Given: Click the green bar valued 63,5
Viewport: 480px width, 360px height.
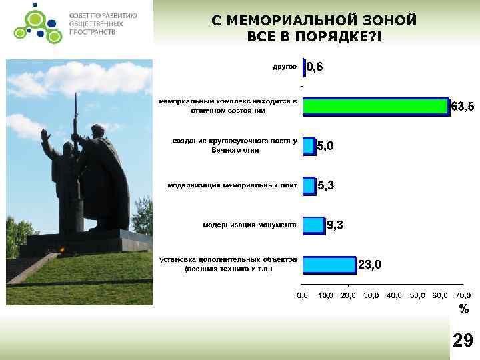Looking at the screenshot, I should (x=376, y=106).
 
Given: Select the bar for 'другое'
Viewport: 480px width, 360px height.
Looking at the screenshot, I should (x=305, y=67).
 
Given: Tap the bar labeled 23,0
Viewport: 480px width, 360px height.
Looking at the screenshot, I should (x=329, y=265).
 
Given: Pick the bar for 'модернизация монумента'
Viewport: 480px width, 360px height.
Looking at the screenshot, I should (x=313, y=225).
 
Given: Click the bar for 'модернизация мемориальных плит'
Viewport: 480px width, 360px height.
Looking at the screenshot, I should (x=309, y=185).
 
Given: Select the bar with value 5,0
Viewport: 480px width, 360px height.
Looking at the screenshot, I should (x=309, y=146).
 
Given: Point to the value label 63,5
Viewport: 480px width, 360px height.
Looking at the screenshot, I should (x=463, y=107).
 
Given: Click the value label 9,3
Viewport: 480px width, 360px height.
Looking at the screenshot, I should (x=335, y=226).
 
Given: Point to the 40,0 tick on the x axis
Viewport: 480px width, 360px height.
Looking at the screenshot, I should (x=394, y=295).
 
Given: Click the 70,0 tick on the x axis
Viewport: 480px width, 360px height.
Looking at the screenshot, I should (x=463, y=295).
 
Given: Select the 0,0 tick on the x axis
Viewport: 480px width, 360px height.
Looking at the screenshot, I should (x=302, y=295).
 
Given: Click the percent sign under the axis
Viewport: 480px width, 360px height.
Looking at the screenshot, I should (x=463, y=309).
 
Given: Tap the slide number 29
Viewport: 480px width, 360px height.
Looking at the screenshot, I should (x=463, y=341).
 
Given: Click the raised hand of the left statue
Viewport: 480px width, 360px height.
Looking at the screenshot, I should (x=45, y=135).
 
